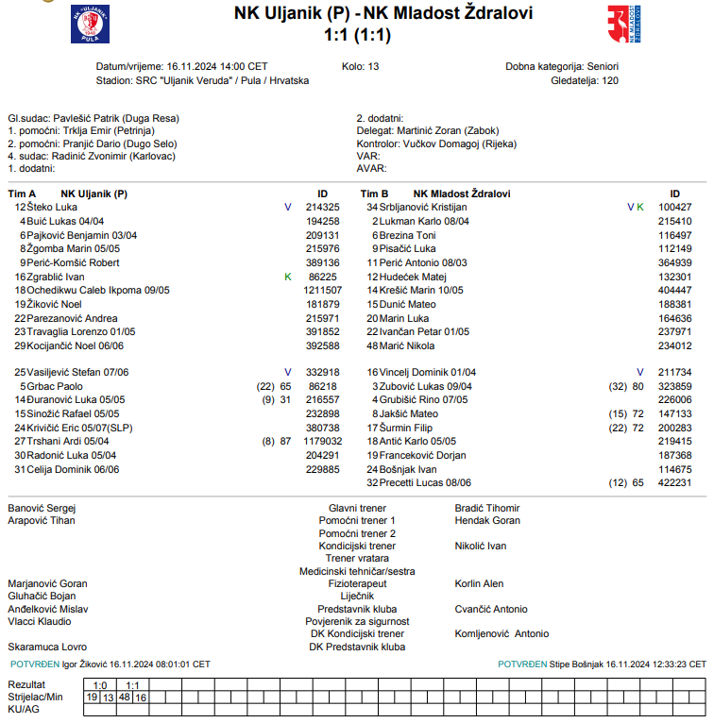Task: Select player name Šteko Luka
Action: pyautogui.click(x=52, y=207)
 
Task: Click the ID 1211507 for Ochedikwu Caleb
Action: pyautogui.click(x=323, y=290)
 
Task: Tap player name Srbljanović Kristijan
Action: pyautogui.click(x=423, y=207)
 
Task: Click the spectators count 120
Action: pyautogui.click(x=610, y=80)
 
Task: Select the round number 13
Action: pyautogui.click(x=373, y=67)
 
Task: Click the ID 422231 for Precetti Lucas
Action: pyautogui.click(x=675, y=482)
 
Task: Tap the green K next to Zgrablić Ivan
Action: pyautogui.click(x=288, y=277)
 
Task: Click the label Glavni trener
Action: pyautogui.click(x=357, y=508)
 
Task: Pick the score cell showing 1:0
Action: pyautogui.click(x=100, y=685)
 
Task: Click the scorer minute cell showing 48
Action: pyautogui.click(x=125, y=698)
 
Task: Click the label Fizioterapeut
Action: pyautogui.click(x=357, y=583)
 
